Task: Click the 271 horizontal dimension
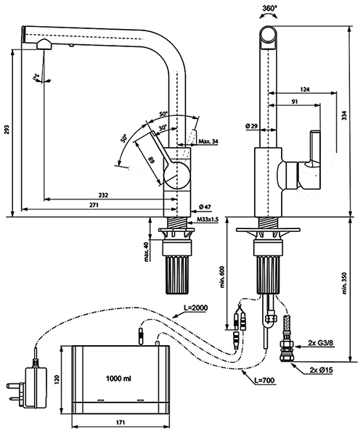coord(94,206)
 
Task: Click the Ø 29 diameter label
coord(253,127)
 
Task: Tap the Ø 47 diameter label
coord(203,207)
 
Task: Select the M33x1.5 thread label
coord(206,219)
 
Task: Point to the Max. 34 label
coord(210,141)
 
